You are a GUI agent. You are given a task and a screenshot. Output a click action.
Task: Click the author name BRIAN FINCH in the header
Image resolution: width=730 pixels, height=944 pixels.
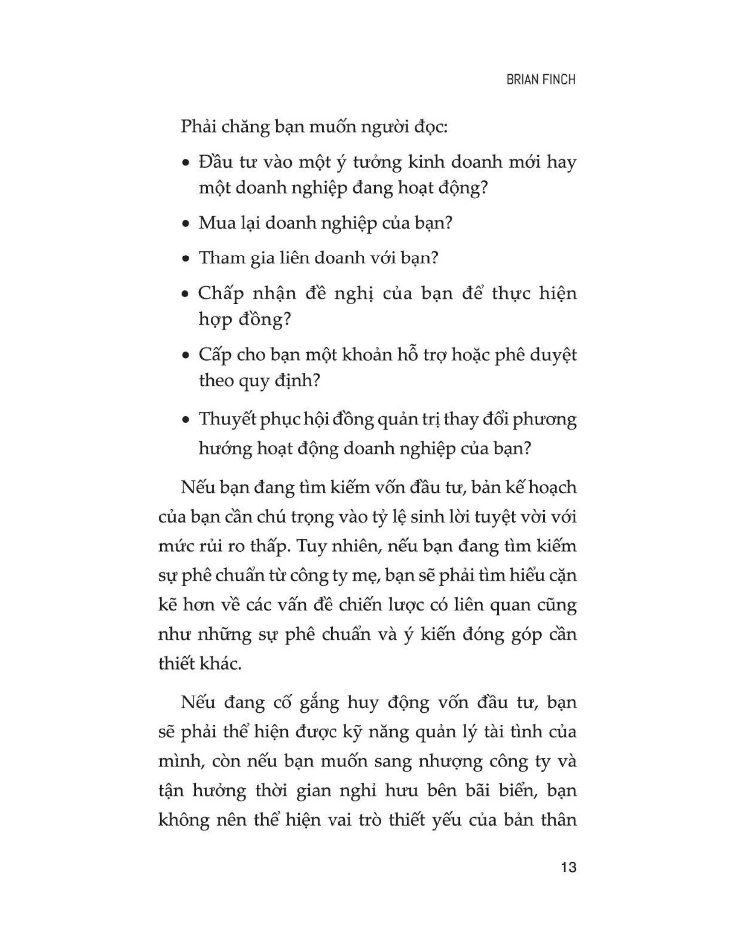pyautogui.click(x=541, y=80)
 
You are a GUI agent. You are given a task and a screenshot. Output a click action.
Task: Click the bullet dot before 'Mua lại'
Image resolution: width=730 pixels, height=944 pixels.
pyautogui.click(x=186, y=225)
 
